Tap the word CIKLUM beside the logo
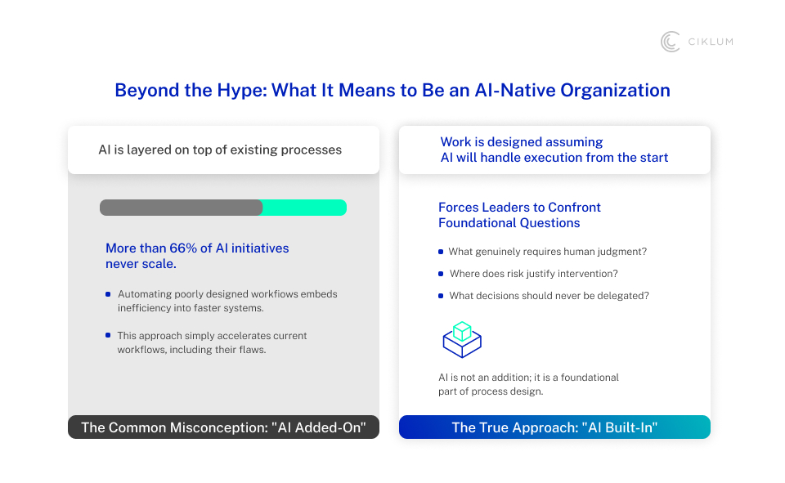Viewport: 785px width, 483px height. point(711,42)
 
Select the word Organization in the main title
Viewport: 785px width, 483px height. point(615,91)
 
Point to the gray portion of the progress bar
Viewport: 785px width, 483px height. point(182,208)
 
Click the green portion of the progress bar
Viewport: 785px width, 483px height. point(304,208)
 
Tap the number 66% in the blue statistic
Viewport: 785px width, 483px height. point(182,248)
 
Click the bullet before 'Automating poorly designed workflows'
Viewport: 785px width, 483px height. point(108,294)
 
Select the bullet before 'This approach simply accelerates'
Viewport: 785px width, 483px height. point(108,335)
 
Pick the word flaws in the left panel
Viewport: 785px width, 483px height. point(253,349)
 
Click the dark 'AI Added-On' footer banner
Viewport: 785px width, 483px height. point(224,427)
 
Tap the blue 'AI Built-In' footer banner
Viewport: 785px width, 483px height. point(554,427)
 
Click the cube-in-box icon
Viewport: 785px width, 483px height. point(462,340)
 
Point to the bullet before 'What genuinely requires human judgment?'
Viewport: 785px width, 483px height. point(441,252)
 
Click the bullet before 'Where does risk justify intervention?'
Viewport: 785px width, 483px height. point(441,274)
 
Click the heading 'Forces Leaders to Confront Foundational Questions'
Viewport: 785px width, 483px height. point(519,215)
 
